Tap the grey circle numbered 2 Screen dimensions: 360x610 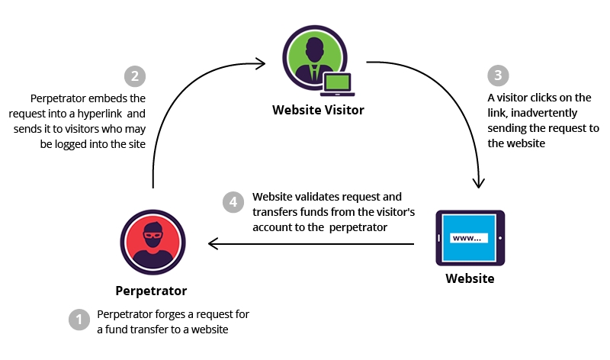[x=134, y=77]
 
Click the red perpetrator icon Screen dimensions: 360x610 [x=151, y=242]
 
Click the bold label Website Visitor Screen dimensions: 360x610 [x=319, y=110]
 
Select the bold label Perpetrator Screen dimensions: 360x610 [x=151, y=291]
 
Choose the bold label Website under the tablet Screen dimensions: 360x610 [x=470, y=278]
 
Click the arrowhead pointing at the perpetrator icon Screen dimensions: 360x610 [x=213, y=244]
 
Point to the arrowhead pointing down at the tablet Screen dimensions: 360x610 [x=479, y=183]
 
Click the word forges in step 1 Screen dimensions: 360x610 [x=172, y=314]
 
